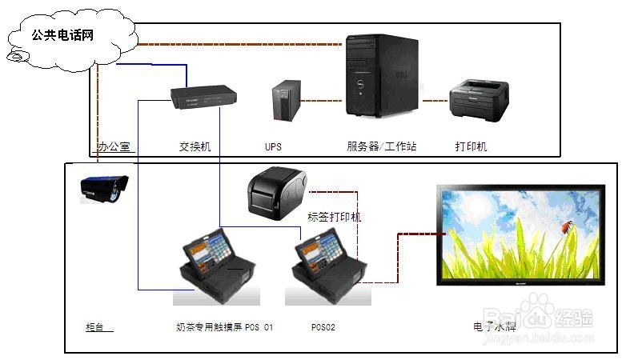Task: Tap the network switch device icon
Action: (x=203, y=98)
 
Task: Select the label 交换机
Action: (x=195, y=147)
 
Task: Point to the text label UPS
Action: (x=273, y=147)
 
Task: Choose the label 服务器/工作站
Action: (x=381, y=147)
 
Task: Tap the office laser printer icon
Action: (x=480, y=102)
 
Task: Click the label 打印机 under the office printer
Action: (x=471, y=147)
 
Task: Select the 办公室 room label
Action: (x=114, y=147)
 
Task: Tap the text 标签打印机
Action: (x=334, y=217)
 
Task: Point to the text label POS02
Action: (x=323, y=327)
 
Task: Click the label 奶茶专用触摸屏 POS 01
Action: (x=224, y=327)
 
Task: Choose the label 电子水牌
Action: (x=495, y=327)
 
